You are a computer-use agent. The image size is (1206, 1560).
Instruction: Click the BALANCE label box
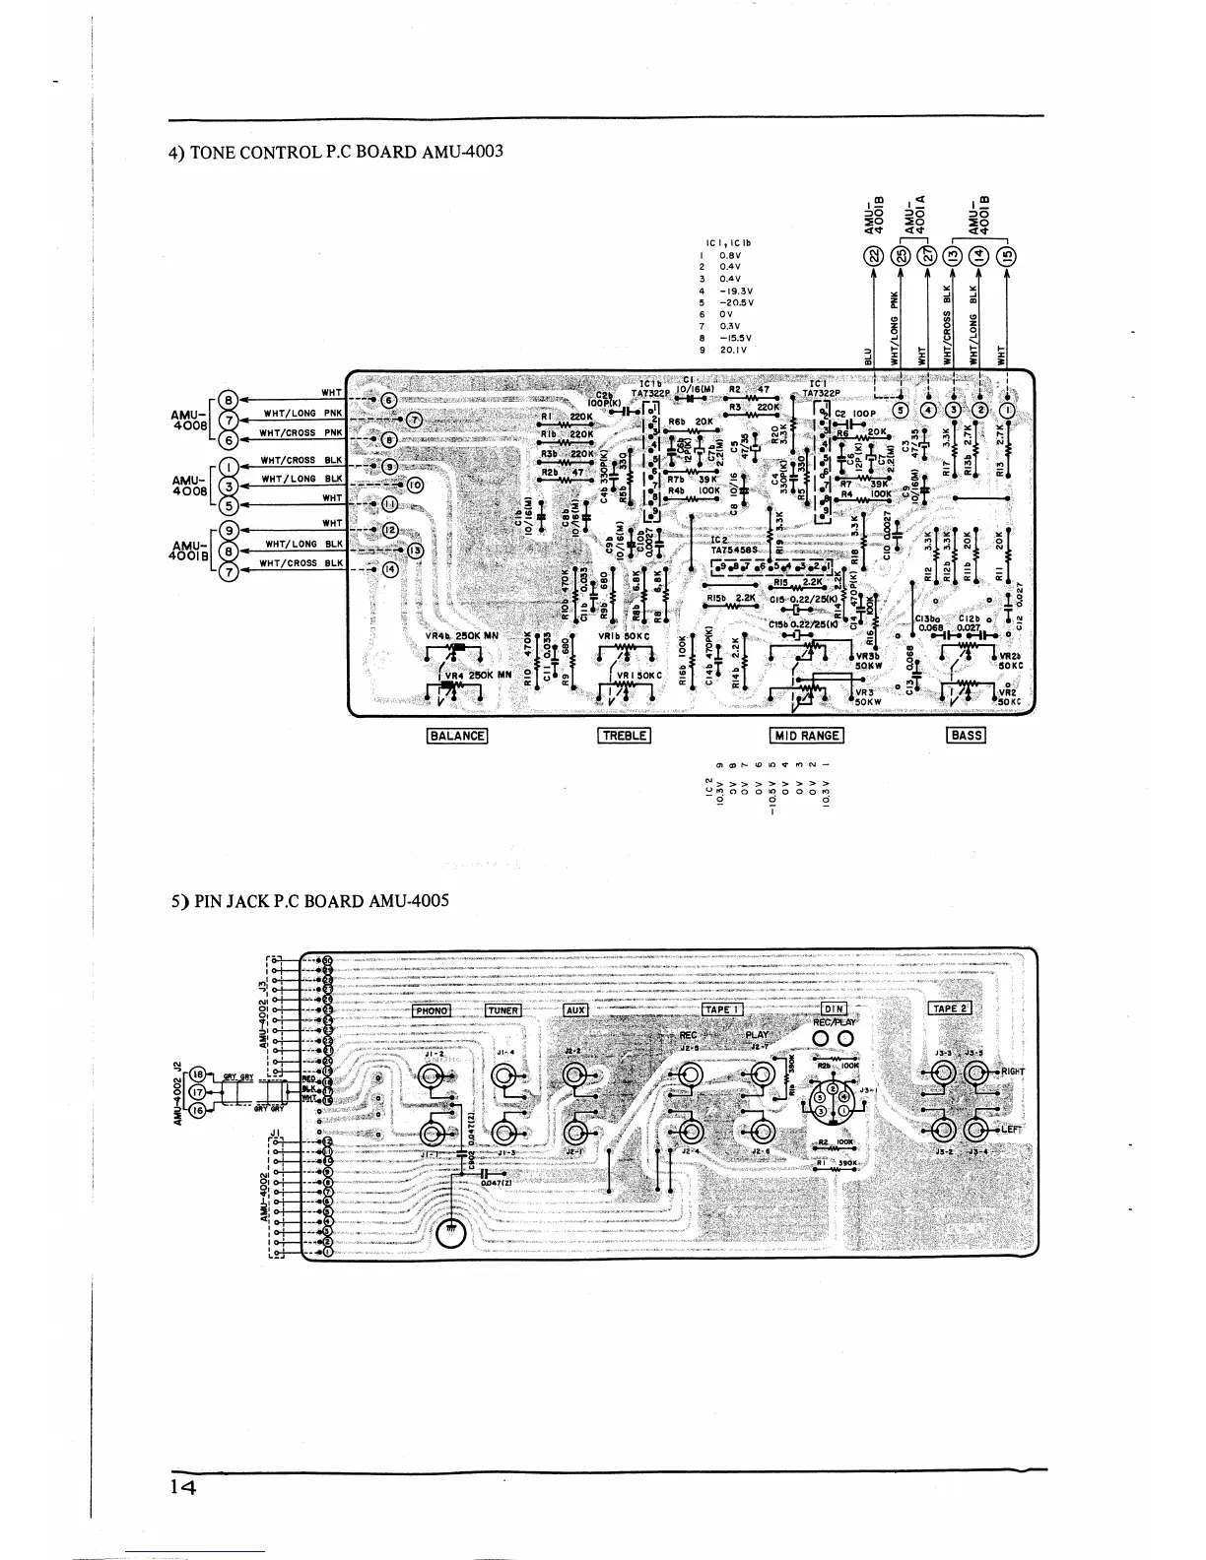457,735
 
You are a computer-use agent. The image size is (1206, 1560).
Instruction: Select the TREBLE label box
624,735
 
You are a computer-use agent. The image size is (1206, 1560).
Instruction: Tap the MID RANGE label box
807,735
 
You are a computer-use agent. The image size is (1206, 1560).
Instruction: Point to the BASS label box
966,735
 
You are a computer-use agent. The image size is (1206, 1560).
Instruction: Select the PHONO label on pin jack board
431,1010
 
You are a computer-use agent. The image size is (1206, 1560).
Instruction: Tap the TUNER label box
502,1010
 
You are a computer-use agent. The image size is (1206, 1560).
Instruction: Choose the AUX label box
575,1009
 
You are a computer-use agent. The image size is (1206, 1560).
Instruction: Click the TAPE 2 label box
950,1007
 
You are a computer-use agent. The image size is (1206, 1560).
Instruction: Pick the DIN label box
834,1008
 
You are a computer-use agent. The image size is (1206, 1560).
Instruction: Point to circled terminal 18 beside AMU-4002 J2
198,1074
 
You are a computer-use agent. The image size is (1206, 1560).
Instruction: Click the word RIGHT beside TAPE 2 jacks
1014,1072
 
